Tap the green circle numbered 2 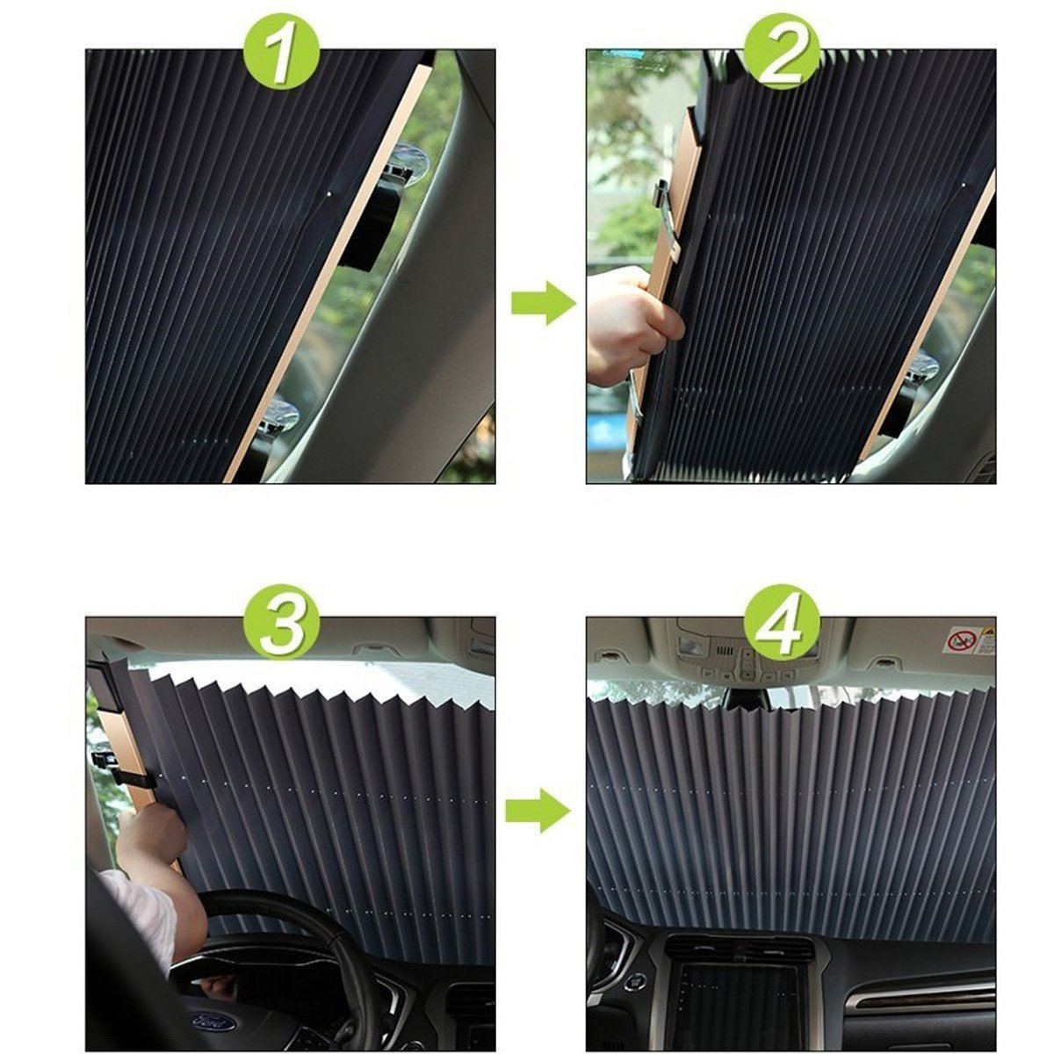coord(781,50)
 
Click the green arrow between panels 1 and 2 coord(542,303)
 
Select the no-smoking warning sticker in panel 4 coord(969,639)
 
